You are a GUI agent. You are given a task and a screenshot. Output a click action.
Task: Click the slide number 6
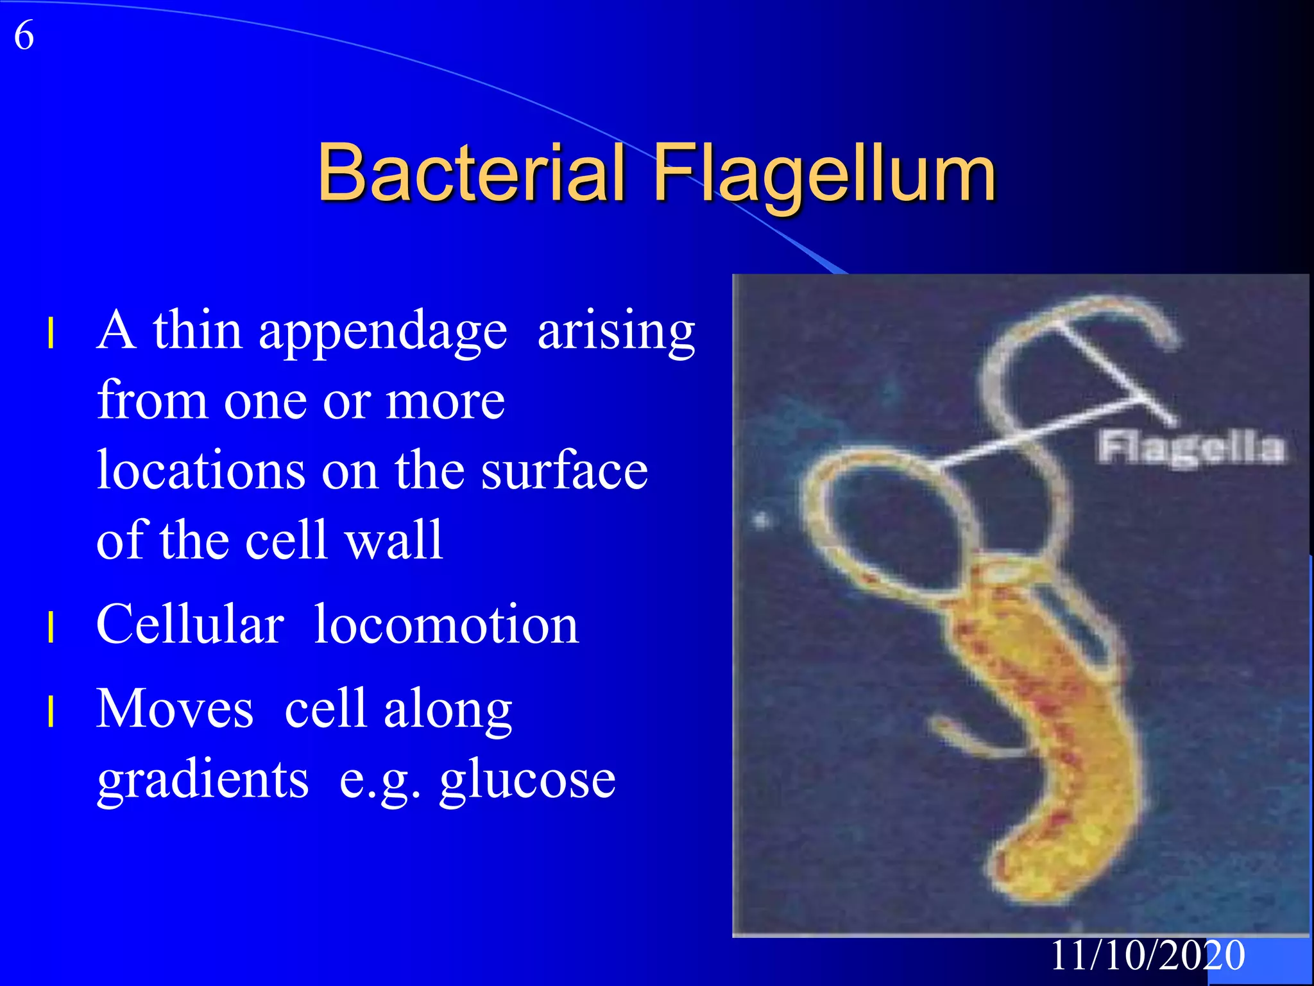[24, 35]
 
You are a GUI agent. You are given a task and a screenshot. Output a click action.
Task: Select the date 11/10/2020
[1147, 955]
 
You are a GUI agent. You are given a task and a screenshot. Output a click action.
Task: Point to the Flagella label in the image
[1191, 447]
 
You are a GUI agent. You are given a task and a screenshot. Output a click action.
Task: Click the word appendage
[382, 331]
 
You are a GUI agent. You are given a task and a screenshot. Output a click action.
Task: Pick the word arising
[616, 331]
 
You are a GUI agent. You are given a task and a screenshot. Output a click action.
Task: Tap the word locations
[201, 470]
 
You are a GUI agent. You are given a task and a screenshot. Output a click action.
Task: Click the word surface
[565, 470]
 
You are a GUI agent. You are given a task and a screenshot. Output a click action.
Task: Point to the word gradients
[203, 779]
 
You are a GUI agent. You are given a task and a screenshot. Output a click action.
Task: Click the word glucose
[527, 779]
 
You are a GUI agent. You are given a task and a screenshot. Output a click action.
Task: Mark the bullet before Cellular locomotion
[50, 627]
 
